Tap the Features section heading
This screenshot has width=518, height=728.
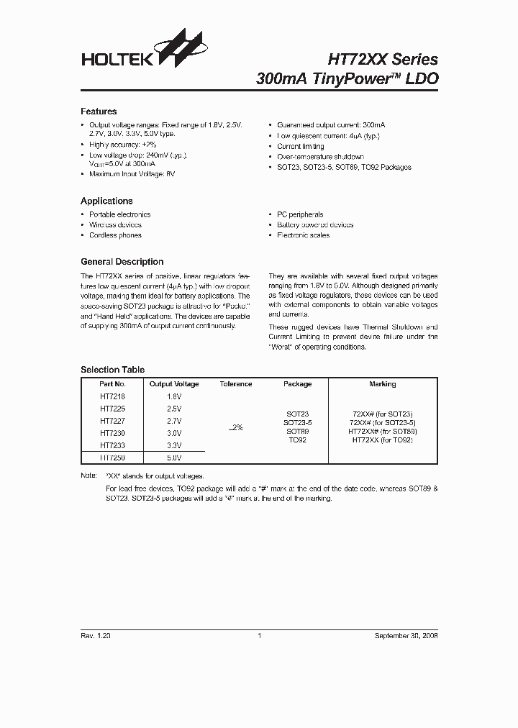coord(99,112)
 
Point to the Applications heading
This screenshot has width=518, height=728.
coord(106,201)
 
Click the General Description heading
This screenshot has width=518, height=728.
coord(122,262)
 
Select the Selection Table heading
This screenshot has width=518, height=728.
coord(112,370)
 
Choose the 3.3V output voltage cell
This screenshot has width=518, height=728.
coord(173,445)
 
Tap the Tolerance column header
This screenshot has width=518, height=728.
coord(235,384)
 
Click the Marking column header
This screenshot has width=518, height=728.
coord(382,384)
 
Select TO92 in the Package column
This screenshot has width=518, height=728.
coord(297,440)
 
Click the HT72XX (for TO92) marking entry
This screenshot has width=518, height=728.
coord(382,440)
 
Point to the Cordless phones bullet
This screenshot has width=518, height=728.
coord(115,235)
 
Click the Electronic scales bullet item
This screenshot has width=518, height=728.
coord(303,235)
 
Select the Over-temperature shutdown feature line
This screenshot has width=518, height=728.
coord(320,157)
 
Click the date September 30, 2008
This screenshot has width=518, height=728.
coord(406,636)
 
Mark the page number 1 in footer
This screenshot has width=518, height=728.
coord(258,636)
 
